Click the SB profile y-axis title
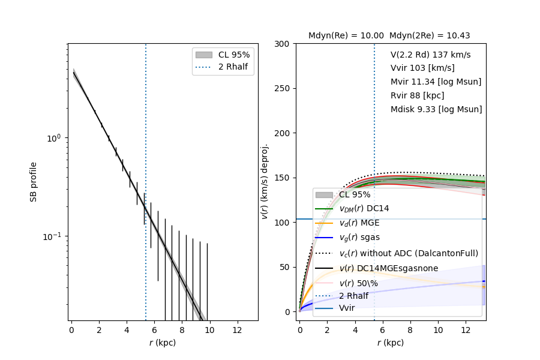coord(34,182)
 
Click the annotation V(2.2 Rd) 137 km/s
coord(430,55)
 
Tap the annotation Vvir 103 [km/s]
coord(422,68)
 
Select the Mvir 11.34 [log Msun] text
coord(436,82)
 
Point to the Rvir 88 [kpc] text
coord(417,96)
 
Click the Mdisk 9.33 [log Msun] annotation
coord(436,110)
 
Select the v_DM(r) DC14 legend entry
coord(369,209)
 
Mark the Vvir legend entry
coord(347,308)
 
